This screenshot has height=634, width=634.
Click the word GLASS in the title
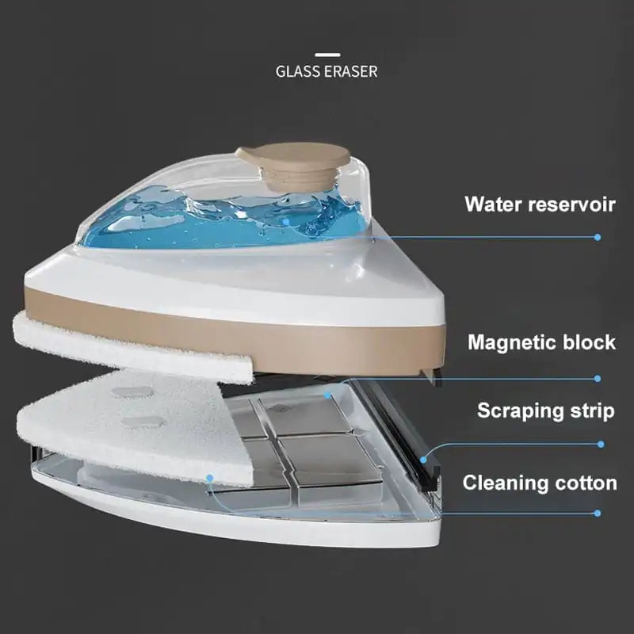299,71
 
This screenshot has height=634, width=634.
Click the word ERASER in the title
351,71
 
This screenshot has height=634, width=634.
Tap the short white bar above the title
327,55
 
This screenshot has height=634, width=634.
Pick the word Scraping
518,411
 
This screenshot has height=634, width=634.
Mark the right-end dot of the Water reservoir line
598,237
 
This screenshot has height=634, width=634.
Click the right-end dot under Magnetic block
598,379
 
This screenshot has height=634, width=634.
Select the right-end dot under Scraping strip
601,445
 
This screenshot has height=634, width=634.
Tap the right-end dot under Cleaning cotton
598,513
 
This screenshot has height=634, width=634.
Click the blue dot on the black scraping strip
423,460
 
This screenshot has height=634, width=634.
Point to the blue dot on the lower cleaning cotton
209,479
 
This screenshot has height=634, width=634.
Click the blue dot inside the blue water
286,222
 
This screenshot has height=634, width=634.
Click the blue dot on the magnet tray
327,395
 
